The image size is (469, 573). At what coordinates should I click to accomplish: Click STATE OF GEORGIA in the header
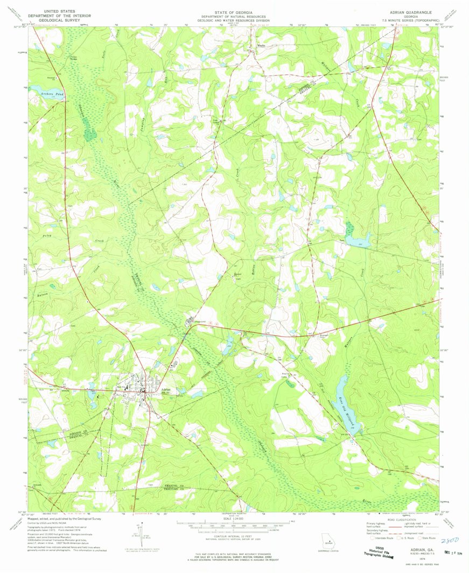click(234, 10)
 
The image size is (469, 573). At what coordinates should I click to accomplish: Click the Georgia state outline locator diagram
click(326, 540)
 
